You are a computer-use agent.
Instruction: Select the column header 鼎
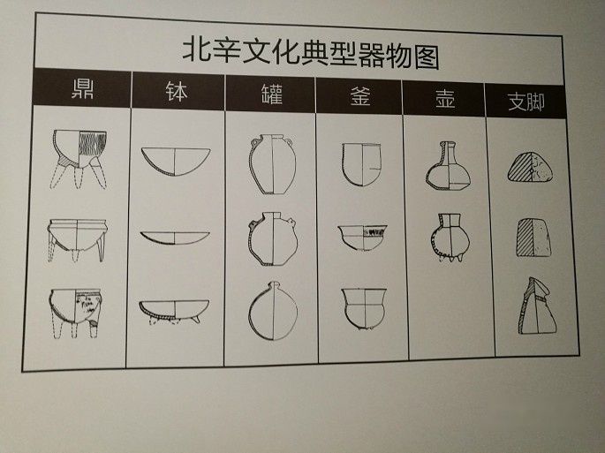pyautogui.click(x=83, y=88)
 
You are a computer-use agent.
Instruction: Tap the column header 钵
pyautogui.click(x=177, y=92)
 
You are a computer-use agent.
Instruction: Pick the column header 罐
pyautogui.click(x=272, y=94)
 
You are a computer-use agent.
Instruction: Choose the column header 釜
pyautogui.click(x=360, y=97)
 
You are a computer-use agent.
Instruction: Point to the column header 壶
pyautogui.click(x=445, y=99)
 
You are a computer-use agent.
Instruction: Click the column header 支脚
pyautogui.click(x=526, y=102)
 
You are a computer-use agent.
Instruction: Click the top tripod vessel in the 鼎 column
pyautogui.click(x=79, y=159)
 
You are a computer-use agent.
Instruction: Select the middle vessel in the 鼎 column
pyautogui.click(x=77, y=240)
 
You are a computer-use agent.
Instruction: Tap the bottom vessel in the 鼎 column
pyautogui.click(x=76, y=313)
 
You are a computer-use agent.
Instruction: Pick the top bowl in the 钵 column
pyautogui.click(x=176, y=162)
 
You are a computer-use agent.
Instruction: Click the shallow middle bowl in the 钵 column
pyautogui.click(x=175, y=238)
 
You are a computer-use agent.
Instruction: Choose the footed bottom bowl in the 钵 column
pyautogui.click(x=174, y=312)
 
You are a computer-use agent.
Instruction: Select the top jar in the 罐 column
pyautogui.click(x=273, y=164)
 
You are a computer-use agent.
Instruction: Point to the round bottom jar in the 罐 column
pyautogui.click(x=273, y=311)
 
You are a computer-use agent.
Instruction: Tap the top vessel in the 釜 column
pyautogui.click(x=361, y=164)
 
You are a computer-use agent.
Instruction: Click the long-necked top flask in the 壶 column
pyautogui.click(x=448, y=165)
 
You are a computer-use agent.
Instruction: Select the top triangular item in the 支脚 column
pyautogui.click(x=531, y=167)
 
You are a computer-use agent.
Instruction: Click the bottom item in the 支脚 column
pyautogui.click(x=537, y=306)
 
